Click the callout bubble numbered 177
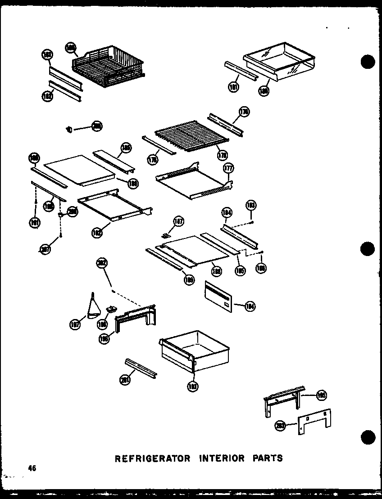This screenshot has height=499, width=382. tap(229, 169)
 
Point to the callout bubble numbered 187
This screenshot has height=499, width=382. tap(179, 221)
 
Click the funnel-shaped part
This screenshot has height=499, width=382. tap(93, 308)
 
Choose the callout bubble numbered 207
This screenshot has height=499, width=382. tap(45, 251)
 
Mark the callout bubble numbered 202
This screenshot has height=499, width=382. tap(102, 265)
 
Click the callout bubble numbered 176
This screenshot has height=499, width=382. tap(245, 112)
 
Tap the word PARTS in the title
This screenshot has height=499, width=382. tap(268, 459)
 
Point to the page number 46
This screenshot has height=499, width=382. tap(32, 468)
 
